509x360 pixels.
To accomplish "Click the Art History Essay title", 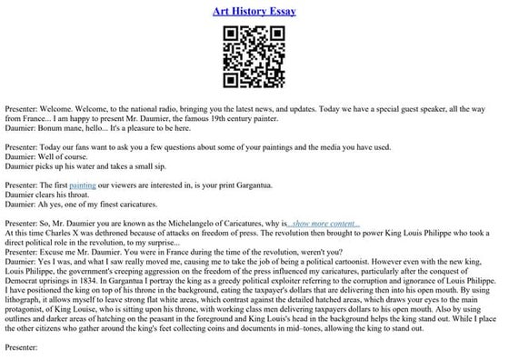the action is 254,12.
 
